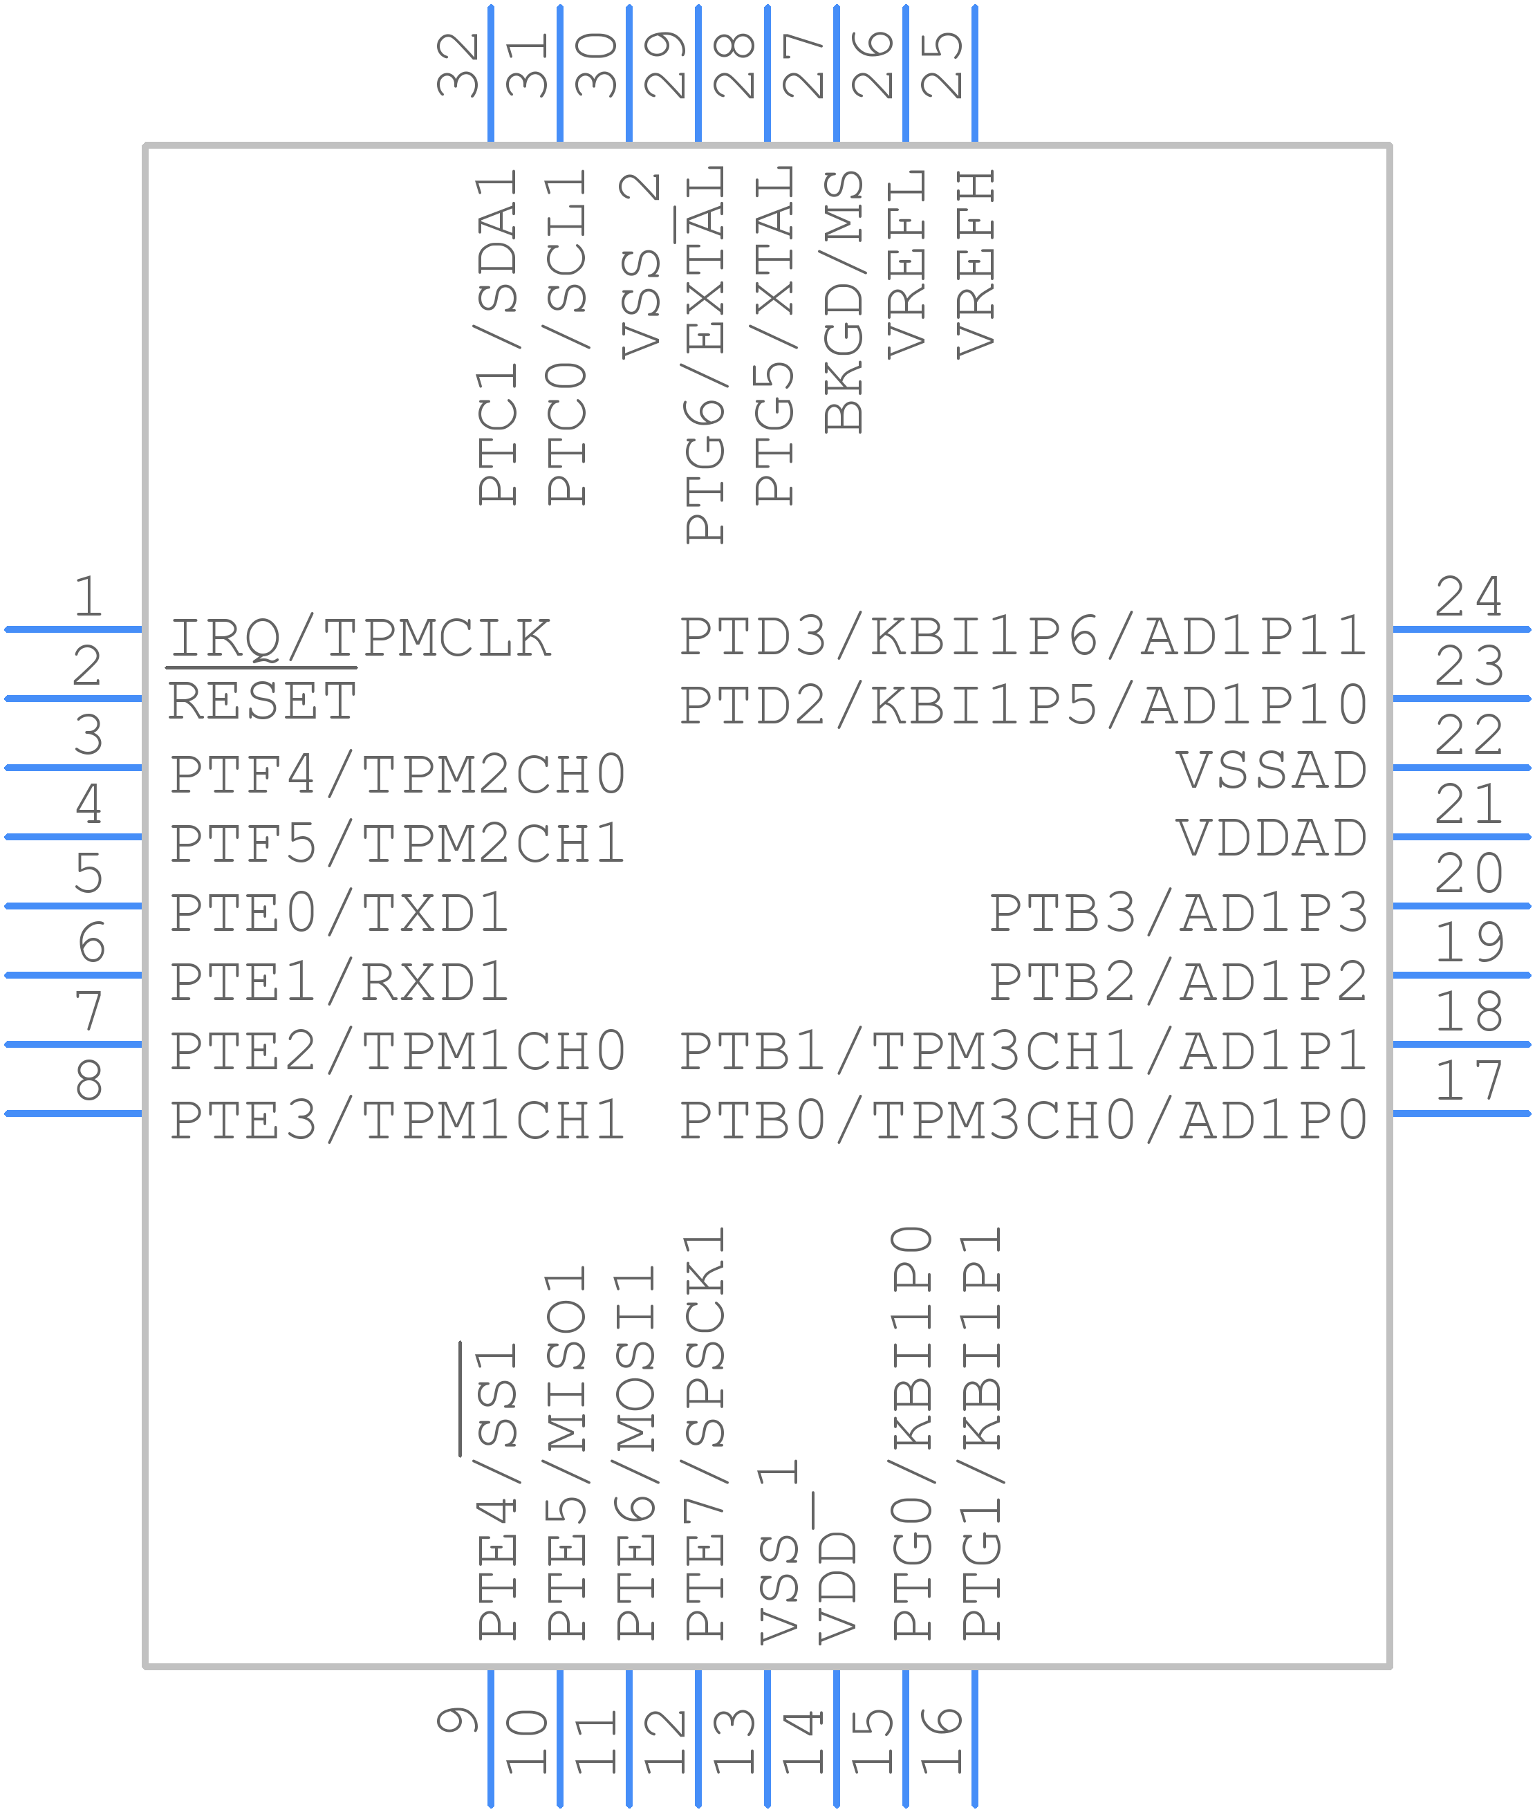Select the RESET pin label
point(262,701)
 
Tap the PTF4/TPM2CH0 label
point(398,774)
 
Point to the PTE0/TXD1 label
point(339,912)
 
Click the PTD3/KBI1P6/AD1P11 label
point(1023,636)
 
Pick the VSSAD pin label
point(1272,770)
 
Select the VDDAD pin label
point(1272,838)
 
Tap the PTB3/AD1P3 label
point(1179,912)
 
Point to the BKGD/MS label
point(843,301)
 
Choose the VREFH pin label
point(976,264)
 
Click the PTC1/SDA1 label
point(498,337)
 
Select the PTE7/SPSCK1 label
point(705,1432)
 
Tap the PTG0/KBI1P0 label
point(912,1432)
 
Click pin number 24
point(1469,596)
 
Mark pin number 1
point(88,596)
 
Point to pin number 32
point(458,64)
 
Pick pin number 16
point(942,1741)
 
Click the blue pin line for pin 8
point(73,1113)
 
